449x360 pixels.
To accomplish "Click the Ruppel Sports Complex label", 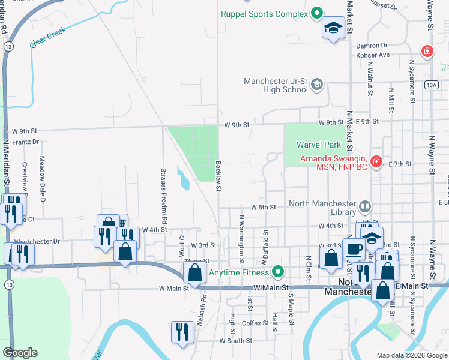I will tap(264, 14).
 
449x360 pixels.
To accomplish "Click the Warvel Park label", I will tap(318, 145).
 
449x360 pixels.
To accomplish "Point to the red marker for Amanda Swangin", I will tap(376, 162).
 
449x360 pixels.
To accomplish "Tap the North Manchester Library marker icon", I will tap(364, 208).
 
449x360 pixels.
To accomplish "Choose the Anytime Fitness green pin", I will tap(277, 272).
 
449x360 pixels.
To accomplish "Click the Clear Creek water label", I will tap(48, 40).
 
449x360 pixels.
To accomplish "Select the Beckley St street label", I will tap(218, 177).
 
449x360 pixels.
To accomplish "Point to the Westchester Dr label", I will tap(38, 241).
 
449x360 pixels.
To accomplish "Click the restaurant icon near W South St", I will tap(181, 332).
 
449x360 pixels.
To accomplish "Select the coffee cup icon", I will tap(354, 248).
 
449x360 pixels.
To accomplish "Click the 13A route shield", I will tap(432, 86).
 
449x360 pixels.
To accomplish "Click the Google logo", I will tap(20, 353).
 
